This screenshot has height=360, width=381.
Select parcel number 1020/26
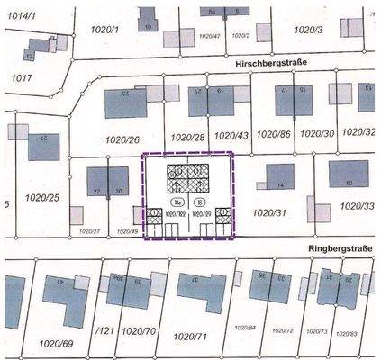122,140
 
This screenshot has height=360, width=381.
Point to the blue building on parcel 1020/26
125,103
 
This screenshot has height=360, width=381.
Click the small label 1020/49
128,232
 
